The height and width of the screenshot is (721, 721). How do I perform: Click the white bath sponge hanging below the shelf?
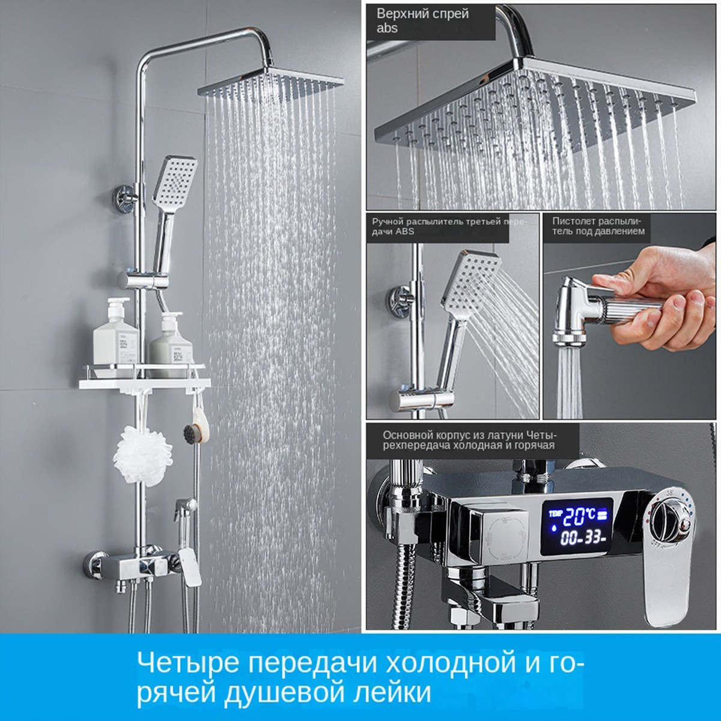(x=143, y=456)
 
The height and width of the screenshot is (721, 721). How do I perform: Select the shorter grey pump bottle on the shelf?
(x=171, y=342)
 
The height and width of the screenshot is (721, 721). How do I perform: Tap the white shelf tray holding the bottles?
(x=144, y=382)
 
